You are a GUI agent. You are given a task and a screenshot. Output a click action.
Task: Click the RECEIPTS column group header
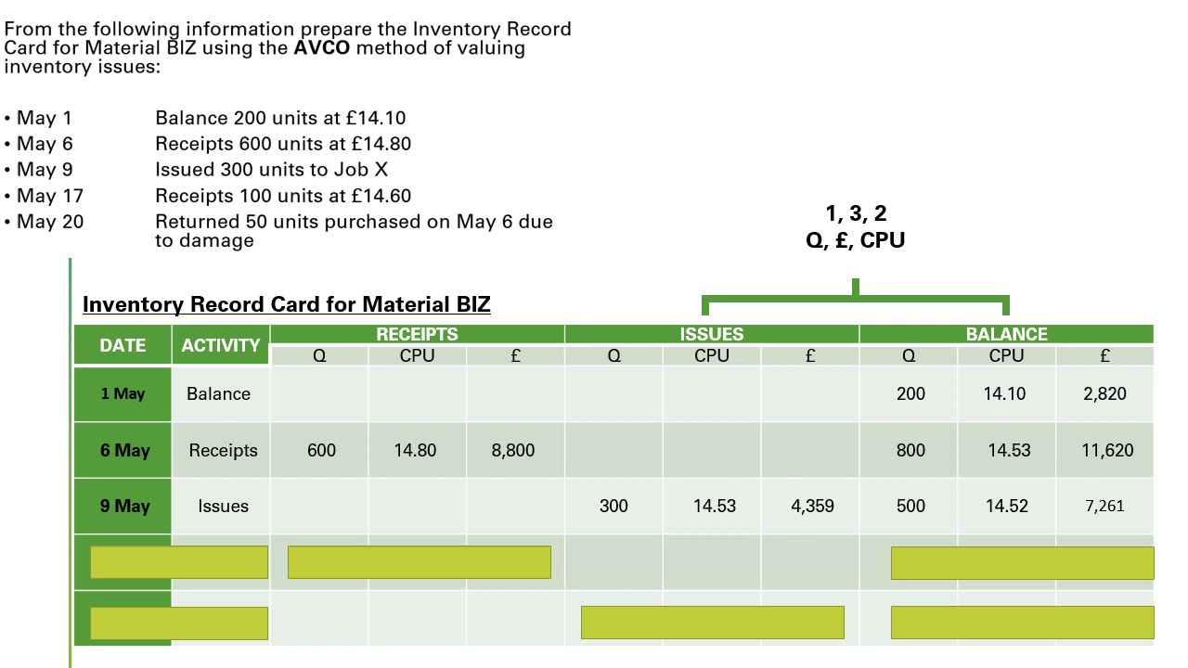[x=417, y=335]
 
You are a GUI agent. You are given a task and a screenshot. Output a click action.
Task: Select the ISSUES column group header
[x=712, y=335]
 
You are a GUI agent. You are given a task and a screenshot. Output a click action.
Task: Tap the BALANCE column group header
[x=1006, y=335]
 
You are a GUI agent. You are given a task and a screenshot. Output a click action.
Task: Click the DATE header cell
[x=123, y=345]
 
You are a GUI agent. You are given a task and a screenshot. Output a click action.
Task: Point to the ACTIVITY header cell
[x=221, y=345]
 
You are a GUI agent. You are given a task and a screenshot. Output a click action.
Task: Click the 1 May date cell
[x=123, y=393]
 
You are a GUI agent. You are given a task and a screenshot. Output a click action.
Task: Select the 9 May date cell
[x=124, y=506]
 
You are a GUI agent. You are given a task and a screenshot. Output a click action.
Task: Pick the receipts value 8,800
[x=513, y=450]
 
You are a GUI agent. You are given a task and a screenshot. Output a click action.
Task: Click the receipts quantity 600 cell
[x=321, y=450]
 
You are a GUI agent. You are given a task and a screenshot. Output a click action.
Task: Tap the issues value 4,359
[x=812, y=506]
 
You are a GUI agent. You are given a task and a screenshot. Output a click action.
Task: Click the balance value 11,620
[x=1107, y=450]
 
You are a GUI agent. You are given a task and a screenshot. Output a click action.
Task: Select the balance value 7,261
[x=1104, y=506]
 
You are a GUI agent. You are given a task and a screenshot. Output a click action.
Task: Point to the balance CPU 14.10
[x=1004, y=393]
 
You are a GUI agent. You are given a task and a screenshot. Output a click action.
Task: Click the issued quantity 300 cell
[x=613, y=506]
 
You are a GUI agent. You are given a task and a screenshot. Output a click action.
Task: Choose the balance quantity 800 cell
[x=910, y=450]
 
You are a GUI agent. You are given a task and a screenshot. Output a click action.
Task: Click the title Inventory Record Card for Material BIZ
[x=286, y=304]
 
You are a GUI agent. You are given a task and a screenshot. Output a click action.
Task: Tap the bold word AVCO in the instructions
[x=322, y=48]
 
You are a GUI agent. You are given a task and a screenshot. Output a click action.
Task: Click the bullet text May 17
[x=50, y=196]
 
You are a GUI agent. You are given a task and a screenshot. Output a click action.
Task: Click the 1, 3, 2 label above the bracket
[x=855, y=214]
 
